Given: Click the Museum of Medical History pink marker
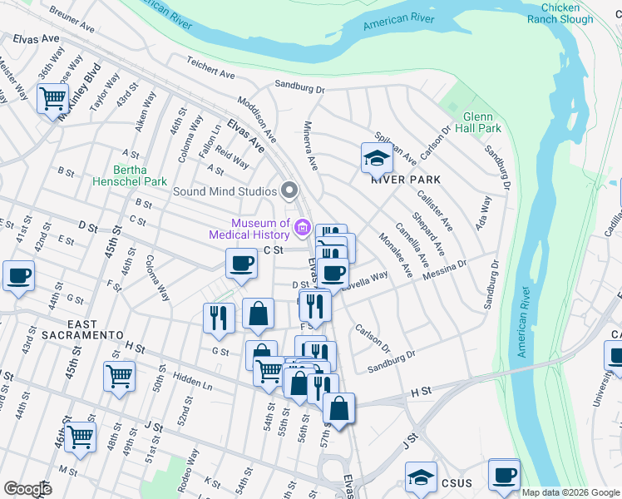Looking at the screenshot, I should [303, 227].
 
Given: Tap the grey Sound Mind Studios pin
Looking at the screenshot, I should [290, 191].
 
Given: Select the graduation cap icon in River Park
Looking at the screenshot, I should [377, 156].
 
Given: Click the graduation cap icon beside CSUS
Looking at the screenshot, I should [421, 477].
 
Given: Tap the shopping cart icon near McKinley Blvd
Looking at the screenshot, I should [52, 98].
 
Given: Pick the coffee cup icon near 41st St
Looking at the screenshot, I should [18, 275].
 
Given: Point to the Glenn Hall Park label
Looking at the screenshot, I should [482, 122].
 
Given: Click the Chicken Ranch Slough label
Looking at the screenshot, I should [567, 13].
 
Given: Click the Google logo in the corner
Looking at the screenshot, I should [27, 488].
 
